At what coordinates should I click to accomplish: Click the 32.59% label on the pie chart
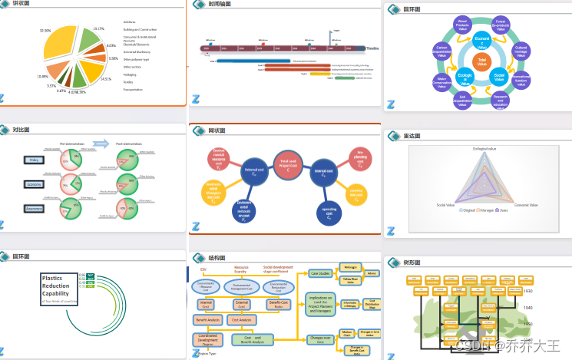pyautogui.click(x=45, y=31)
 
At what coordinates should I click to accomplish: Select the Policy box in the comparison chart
pyautogui.click(x=34, y=160)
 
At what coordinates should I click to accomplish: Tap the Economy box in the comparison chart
pyautogui.click(x=34, y=184)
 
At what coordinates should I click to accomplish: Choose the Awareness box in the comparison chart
pyautogui.click(x=34, y=209)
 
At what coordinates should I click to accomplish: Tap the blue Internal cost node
pyautogui.click(x=324, y=172)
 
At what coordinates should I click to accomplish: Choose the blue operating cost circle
pyautogui.click(x=328, y=210)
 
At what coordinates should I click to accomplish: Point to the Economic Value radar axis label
pyautogui.click(x=525, y=205)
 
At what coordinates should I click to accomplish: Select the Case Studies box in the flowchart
pyautogui.click(x=319, y=273)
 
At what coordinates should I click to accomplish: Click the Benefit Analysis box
pyautogui.click(x=208, y=319)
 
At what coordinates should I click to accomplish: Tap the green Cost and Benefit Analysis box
pyautogui.click(x=253, y=338)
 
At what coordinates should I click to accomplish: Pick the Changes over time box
pyautogui.click(x=320, y=338)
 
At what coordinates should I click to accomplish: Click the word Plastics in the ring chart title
pyautogui.click(x=52, y=278)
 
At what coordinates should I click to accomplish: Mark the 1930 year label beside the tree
pyautogui.click(x=527, y=292)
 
